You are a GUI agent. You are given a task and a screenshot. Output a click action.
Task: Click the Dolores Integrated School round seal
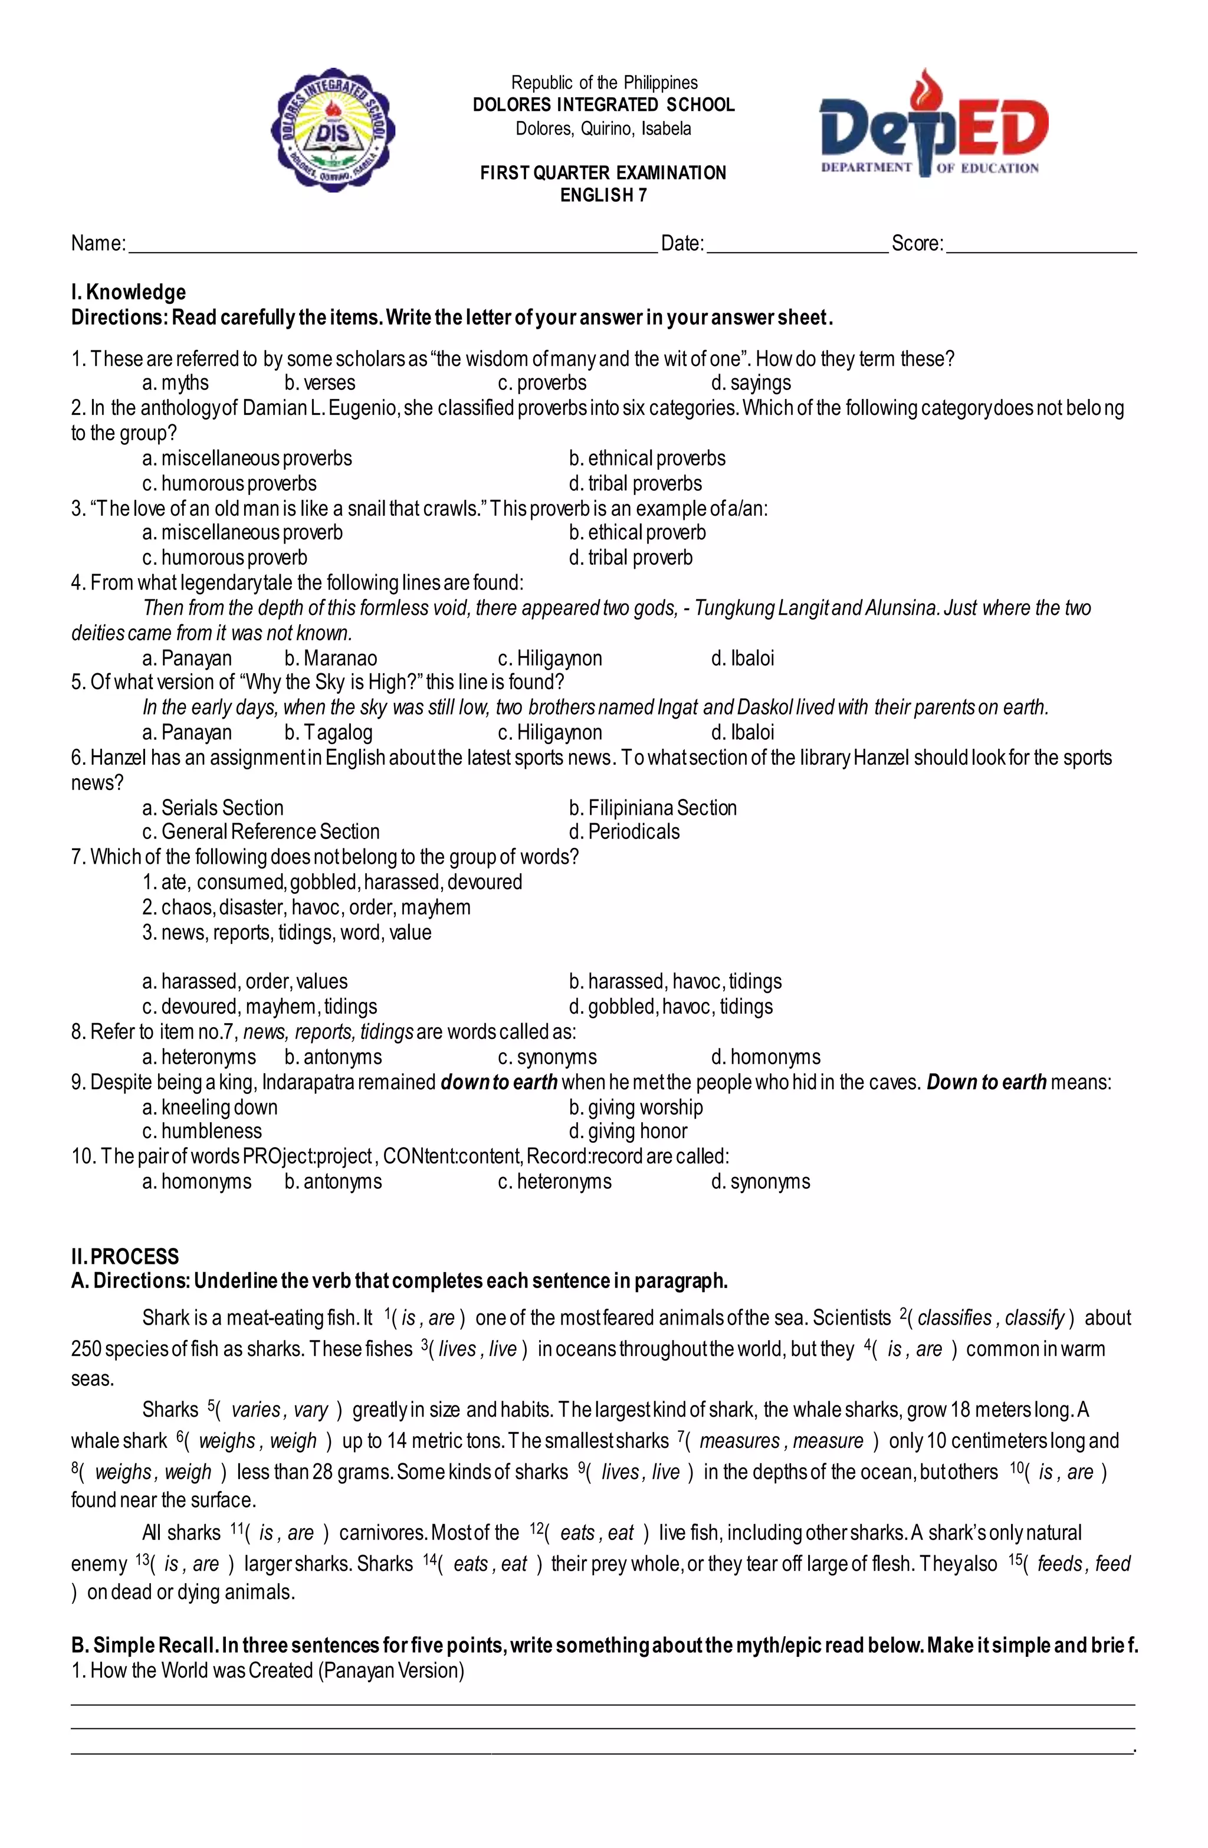pos(332,129)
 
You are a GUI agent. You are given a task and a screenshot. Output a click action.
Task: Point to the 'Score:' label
pos(917,244)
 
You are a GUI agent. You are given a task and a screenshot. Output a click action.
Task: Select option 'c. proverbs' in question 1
pos(542,383)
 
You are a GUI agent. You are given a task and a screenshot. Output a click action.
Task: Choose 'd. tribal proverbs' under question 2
pos(635,484)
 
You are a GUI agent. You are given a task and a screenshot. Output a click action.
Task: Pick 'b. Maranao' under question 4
pos(331,658)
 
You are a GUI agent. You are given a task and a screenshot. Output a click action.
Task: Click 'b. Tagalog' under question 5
pos(329,732)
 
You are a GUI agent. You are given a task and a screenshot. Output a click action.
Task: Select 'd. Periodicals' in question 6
pos(624,831)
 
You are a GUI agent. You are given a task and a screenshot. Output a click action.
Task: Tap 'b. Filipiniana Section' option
pos(653,808)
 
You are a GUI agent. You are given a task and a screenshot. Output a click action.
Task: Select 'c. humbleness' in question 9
pos(202,1131)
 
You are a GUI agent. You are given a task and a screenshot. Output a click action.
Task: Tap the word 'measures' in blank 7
pos(739,1441)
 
